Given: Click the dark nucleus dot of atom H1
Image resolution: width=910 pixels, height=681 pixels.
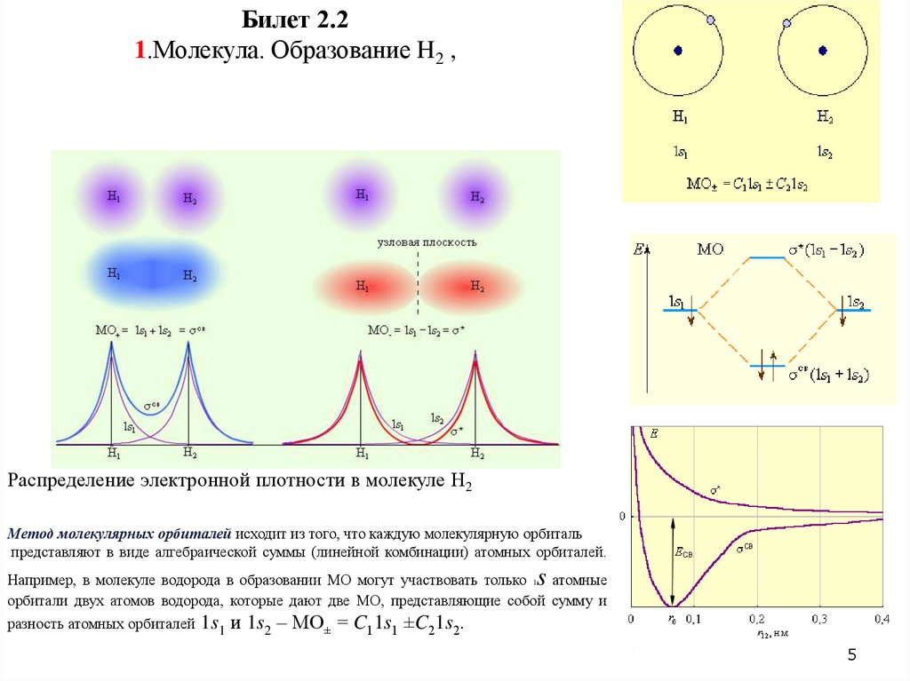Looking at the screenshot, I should (x=677, y=51).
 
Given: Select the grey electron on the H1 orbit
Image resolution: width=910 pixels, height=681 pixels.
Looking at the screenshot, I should (x=710, y=20).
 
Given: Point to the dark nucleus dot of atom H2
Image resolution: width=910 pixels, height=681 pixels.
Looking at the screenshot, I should (x=822, y=51).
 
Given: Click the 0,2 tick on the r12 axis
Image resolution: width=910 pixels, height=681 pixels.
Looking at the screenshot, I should (x=756, y=618).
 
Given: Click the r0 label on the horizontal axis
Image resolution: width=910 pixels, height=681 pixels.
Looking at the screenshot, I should (x=673, y=620).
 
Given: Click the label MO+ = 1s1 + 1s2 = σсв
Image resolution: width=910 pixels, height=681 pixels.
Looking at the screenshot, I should (x=139, y=330).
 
